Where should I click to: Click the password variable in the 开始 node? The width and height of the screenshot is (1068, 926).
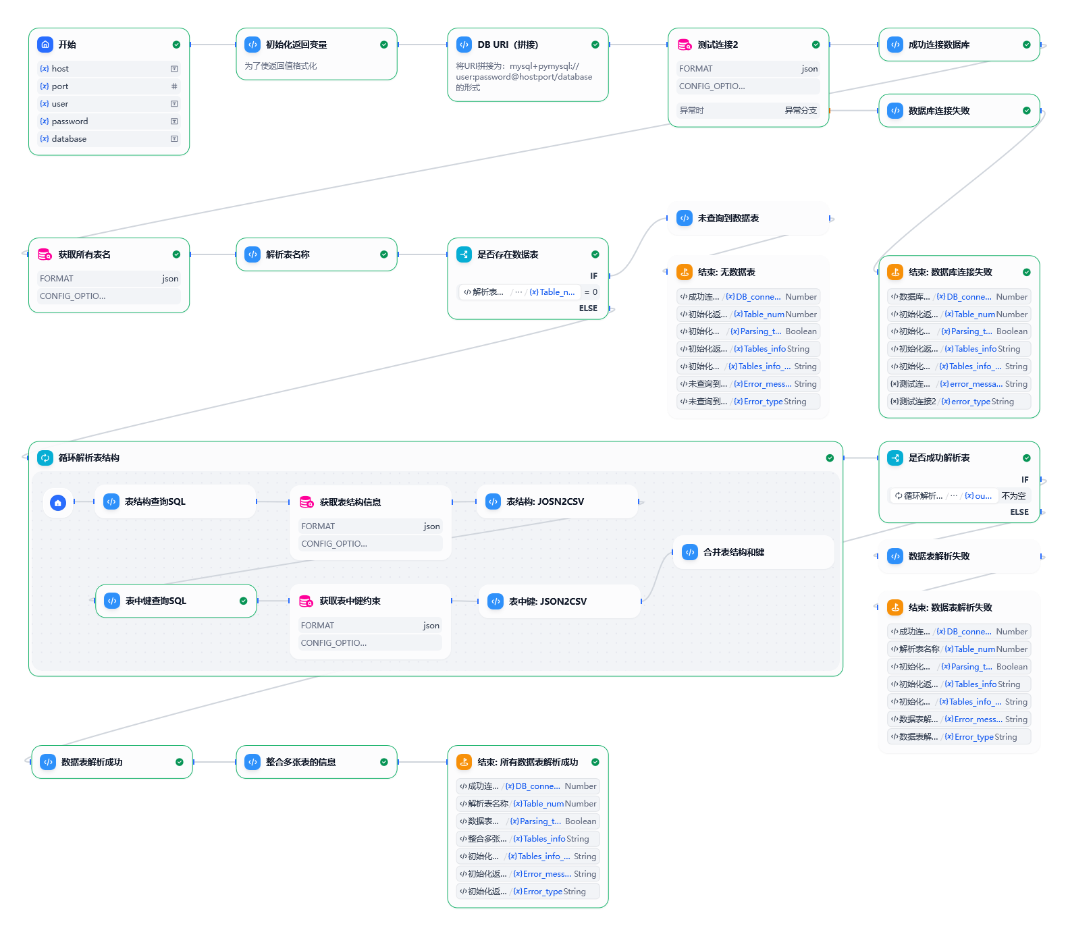70,121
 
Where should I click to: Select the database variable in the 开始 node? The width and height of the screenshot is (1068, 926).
69,139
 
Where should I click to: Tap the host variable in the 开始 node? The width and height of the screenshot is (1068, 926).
60,69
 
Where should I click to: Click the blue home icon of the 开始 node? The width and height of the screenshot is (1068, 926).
45,45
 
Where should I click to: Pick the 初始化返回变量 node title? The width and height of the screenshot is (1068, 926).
296,45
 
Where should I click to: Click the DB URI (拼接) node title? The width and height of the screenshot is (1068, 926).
508,45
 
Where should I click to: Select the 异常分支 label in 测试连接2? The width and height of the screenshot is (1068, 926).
801,110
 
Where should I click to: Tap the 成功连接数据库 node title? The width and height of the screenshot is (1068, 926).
939,45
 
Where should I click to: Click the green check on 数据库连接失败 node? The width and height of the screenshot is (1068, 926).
1027,111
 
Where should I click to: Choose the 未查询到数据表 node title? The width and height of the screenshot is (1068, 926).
728,218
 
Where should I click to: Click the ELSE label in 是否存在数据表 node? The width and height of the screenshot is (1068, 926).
588,308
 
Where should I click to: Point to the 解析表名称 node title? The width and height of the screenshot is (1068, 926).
288,254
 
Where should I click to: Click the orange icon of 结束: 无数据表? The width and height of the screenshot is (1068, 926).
685,272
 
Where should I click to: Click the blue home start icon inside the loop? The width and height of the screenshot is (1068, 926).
58,502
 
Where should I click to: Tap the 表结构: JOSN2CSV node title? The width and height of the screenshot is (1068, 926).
545,501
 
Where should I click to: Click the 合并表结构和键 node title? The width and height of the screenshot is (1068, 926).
734,552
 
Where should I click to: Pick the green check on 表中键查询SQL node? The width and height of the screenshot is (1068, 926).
244,601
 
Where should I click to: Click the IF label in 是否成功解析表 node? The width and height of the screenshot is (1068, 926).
1025,480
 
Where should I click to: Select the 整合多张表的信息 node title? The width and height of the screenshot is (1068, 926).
300,762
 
